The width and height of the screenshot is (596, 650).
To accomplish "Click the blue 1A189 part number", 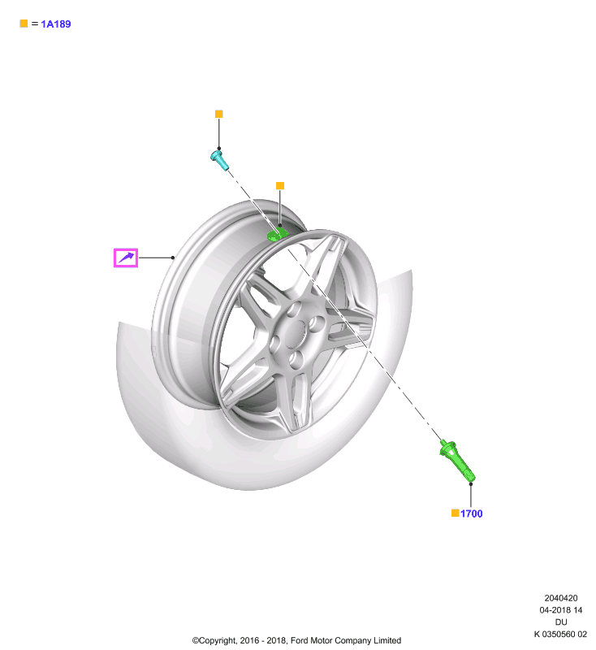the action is [x=56, y=24].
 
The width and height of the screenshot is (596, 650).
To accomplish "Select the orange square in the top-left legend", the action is [x=24, y=24].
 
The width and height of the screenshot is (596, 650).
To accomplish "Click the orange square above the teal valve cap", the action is [x=219, y=114].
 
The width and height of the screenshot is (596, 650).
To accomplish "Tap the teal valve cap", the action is [x=219, y=160].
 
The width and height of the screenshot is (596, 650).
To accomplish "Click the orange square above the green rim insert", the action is [x=280, y=186].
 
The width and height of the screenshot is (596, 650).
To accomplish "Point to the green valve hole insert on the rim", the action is [x=277, y=235].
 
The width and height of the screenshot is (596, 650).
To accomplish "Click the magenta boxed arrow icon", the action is [x=126, y=258].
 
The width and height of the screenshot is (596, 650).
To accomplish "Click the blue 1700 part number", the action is [x=472, y=513].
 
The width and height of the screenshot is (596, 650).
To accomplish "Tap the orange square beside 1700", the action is [x=456, y=513].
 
